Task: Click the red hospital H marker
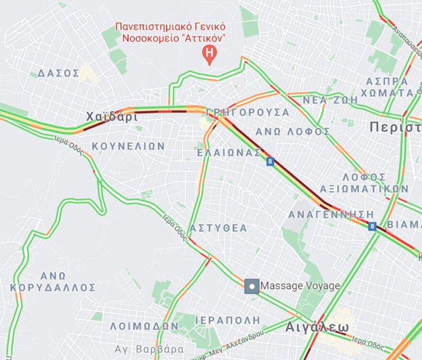pos(210,52)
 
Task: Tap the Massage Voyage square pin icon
pos(252,286)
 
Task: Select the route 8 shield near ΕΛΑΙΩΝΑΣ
pos(270,162)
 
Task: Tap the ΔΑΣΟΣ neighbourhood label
pos(59,73)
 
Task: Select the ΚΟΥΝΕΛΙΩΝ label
pos(129,146)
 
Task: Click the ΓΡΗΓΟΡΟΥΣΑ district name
pos(248,112)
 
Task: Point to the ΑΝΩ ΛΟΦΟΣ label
pos(293,131)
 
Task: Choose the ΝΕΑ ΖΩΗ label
pos(330,100)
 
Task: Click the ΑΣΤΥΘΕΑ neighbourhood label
pos(218,228)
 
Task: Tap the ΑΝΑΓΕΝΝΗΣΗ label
pos(331,214)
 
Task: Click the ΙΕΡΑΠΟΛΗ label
pos(228,320)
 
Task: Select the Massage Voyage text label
pos(300,286)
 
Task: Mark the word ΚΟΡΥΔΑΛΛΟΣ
pos(53,288)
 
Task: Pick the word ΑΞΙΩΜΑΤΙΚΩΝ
pos(364,188)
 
